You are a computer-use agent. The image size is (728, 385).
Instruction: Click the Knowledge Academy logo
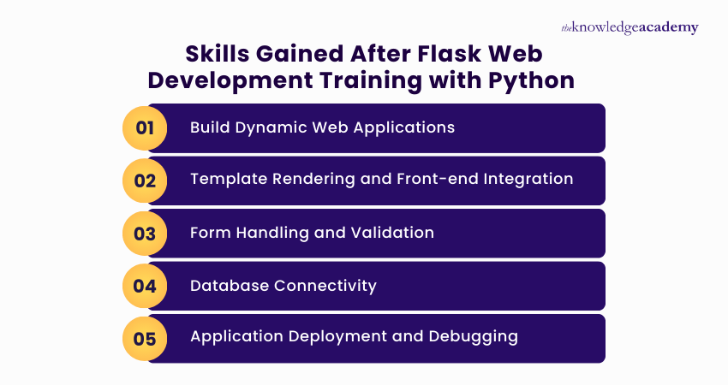630,27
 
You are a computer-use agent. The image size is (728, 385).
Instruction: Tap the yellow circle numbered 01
145,128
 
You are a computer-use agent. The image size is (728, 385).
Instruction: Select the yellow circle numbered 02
145,181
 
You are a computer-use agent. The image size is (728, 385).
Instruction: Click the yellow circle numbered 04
145,286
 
